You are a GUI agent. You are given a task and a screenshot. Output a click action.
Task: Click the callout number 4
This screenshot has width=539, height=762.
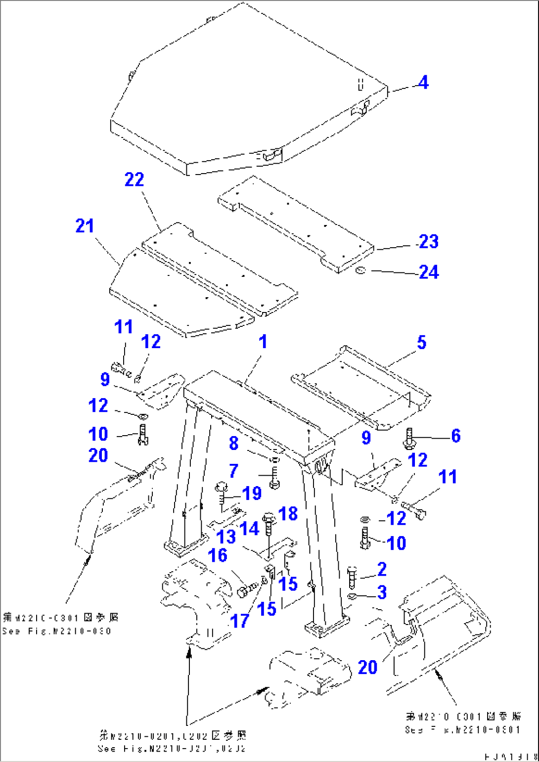pyautogui.click(x=423, y=83)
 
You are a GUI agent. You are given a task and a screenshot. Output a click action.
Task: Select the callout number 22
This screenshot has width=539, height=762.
pyautogui.click(x=134, y=179)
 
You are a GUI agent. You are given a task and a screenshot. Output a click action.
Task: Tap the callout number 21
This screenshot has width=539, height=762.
pyautogui.click(x=85, y=226)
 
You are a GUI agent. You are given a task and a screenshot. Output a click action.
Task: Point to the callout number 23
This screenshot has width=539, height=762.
pyautogui.click(x=428, y=241)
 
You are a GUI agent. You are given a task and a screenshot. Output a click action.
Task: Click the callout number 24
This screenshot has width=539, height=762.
pyautogui.click(x=428, y=272)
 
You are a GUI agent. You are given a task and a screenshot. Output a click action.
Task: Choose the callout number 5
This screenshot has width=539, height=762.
pyautogui.click(x=421, y=342)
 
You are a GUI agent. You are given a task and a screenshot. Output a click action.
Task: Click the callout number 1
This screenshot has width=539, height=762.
pyautogui.click(x=263, y=341)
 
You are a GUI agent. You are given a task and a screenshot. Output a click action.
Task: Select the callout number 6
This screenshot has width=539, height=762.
pyautogui.click(x=455, y=436)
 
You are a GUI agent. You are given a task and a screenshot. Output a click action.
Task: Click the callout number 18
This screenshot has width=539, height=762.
pyautogui.click(x=288, y=514)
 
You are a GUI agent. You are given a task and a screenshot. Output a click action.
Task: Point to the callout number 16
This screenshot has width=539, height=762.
pyautogui.click(x=218, y=555)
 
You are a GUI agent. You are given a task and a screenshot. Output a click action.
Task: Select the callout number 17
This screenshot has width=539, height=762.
pyautogui.click(x=240, y=621)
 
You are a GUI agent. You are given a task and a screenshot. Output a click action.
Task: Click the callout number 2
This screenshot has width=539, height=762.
pyautogui.click(x=382, y=569)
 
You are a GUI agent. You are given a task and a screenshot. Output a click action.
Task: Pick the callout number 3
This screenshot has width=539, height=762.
pyautogui.click(x=382, y=592)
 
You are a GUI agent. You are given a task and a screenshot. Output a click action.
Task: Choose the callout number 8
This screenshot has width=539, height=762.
pyautogui.click(x=233, y=443)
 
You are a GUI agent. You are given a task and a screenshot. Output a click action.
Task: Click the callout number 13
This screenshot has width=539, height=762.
pyautogui.click(x=226, y=537)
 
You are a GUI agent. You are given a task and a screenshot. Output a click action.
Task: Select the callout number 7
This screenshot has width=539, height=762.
pyautogui.click(x=233, y=471)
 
